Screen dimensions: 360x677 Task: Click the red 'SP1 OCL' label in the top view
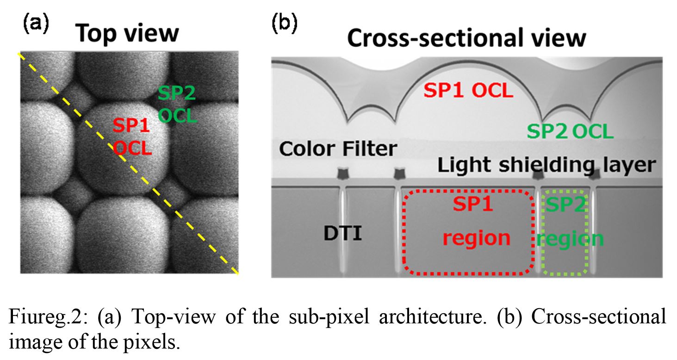[x=132, y=137]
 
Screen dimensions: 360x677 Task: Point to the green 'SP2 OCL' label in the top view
[x=177, y=105]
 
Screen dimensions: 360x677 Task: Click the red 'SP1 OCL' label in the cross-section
[x=469, y=91]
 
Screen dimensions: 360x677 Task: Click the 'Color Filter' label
[x=338, y=149]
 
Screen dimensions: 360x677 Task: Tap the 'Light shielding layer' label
[x=547, y=165]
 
